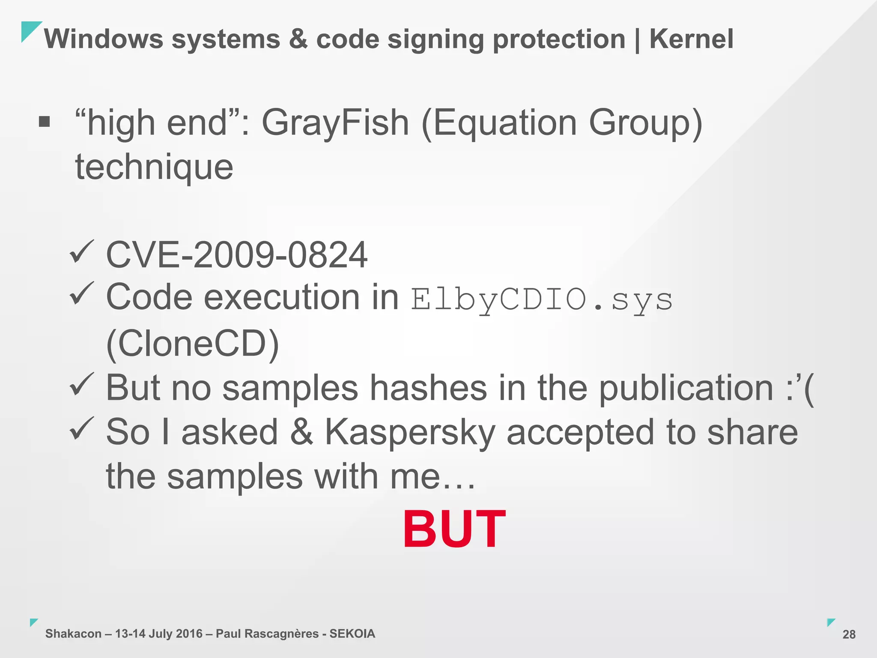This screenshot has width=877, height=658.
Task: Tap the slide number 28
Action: (x=849, y=634)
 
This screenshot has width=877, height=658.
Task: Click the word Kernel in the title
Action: (x=691, y=39)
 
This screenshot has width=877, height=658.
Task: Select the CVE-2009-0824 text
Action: (x=236, y=255)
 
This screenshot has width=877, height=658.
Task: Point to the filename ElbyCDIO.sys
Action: (x=542, y=299)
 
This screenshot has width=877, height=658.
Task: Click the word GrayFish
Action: (x=335, y=123)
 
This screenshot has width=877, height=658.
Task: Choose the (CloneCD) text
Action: (x=192, y=344)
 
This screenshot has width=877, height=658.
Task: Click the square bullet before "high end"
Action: (x=45, y=122)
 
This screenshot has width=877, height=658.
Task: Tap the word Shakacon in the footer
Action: (x=73, y=634)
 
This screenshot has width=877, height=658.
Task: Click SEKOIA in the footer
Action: (x=352, y=634)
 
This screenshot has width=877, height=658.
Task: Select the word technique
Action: (x=154, y=167)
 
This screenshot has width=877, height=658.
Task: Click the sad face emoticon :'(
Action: (x=800, y=388)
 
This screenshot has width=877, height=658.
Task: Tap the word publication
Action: (x=686, y=388)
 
